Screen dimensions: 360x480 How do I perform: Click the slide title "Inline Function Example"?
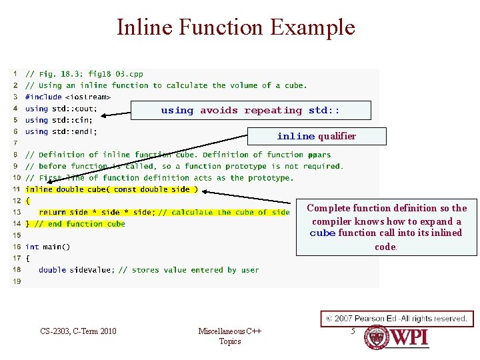pos(236,27)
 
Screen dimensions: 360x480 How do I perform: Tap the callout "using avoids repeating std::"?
pos(250,110)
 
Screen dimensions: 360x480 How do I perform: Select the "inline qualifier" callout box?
pos(316,136)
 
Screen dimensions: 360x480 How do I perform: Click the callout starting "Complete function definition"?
pos(387,227)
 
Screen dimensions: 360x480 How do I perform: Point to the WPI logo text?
pos(409,337)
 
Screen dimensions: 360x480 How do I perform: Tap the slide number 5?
pos(353,330)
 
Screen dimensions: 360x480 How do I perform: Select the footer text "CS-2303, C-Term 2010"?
pos(78,331)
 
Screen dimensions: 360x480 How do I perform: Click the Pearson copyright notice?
pos(397,318)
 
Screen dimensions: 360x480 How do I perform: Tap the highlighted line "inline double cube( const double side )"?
pos(111,189)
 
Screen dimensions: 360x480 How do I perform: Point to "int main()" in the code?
pos(47,247)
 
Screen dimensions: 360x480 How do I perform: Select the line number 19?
pos(17,281)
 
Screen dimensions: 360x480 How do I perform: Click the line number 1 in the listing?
pos(15,74)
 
